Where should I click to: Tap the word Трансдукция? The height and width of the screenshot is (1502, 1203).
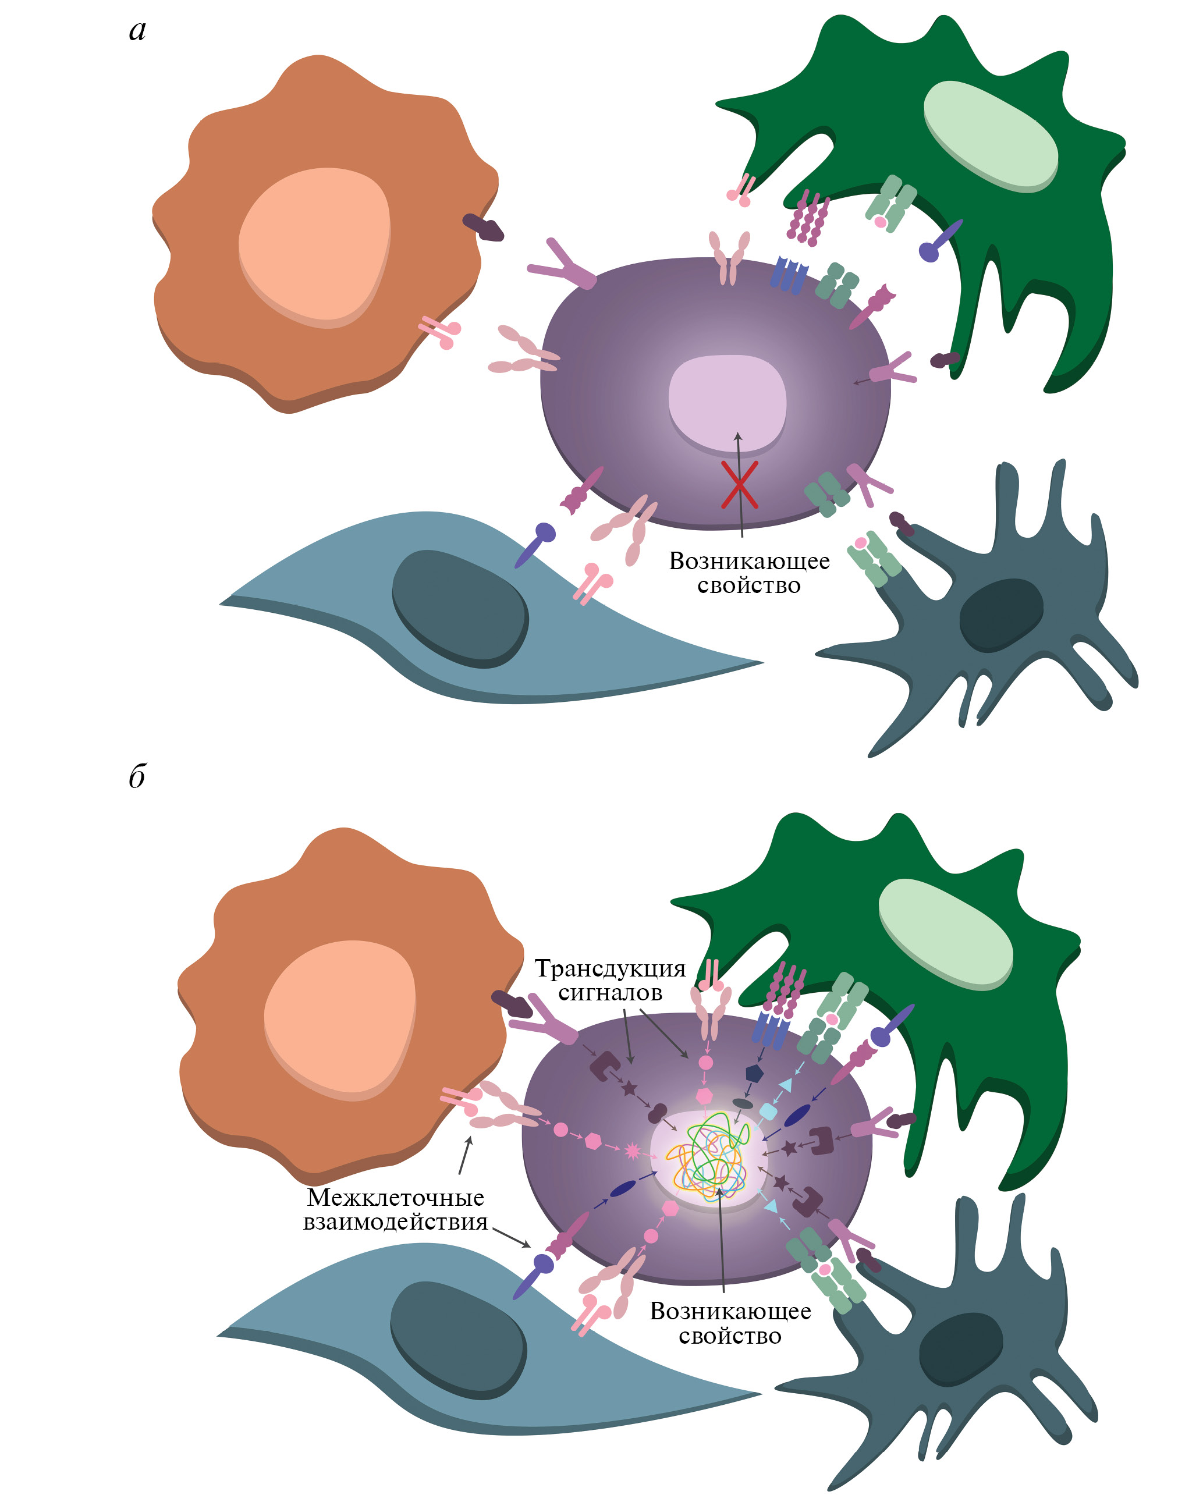(610, 968)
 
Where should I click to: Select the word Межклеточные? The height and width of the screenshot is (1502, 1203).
(396, 1198)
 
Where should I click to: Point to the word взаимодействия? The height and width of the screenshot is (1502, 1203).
(395, 1222)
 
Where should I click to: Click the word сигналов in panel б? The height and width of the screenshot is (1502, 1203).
(610, 993)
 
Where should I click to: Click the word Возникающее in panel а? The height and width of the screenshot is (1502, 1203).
(749, 561)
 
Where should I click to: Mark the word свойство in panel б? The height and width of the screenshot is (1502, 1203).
(730, 1336)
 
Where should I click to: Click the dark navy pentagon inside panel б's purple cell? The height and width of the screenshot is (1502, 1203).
(754, 1074)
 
